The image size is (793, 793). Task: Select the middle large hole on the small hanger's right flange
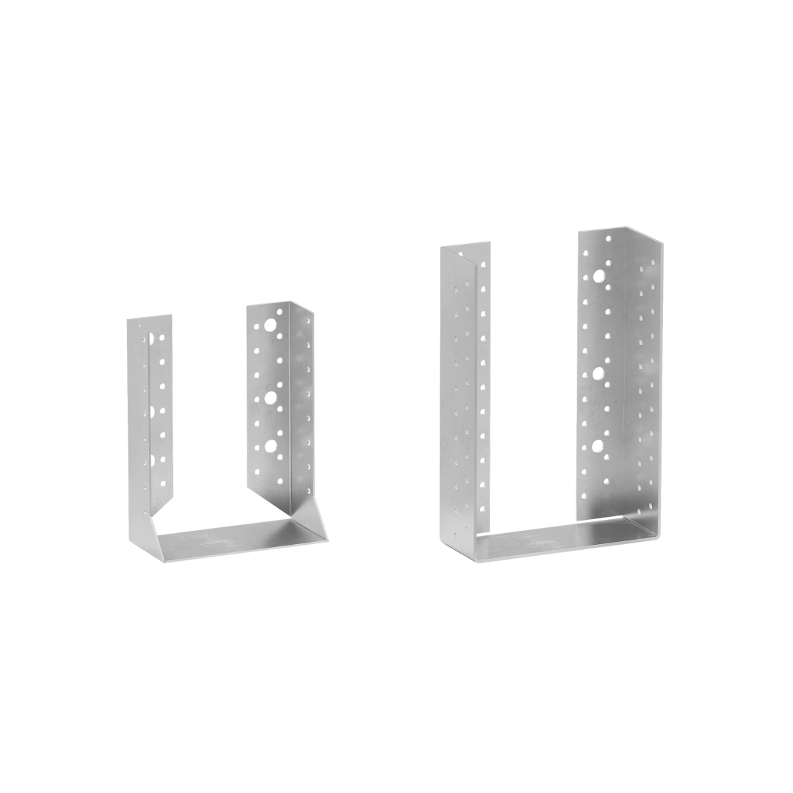click(x=271, y=397)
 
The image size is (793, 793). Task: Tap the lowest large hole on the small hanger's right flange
click(x=271, y=445)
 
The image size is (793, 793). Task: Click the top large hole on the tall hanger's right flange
click(x=600, y=277)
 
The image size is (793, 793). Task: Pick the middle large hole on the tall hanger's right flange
click(x=598, y=374)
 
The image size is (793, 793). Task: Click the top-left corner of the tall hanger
click(x=441, y=247)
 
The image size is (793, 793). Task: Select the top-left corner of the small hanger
click(x=128, y=319)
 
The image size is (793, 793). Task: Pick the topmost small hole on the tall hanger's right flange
click(x=607, y=239)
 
